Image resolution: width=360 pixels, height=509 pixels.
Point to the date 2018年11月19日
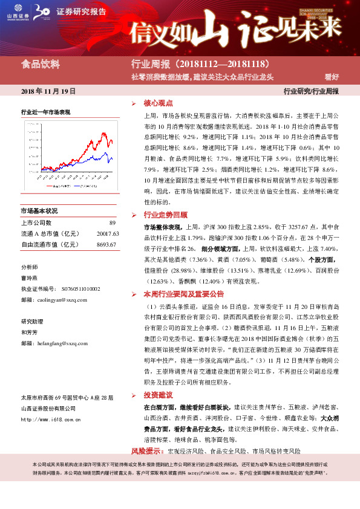point(48,91)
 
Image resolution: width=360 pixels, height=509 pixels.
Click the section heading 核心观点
point(159,103)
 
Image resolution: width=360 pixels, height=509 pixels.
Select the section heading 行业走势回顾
point(165,215)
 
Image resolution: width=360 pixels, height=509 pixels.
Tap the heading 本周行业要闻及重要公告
point(183,294)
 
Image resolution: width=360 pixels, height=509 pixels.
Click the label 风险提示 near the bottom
point(147,451)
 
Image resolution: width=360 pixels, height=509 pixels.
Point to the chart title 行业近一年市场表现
point(45,112)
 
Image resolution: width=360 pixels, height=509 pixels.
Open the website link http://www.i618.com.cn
point(50,419)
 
